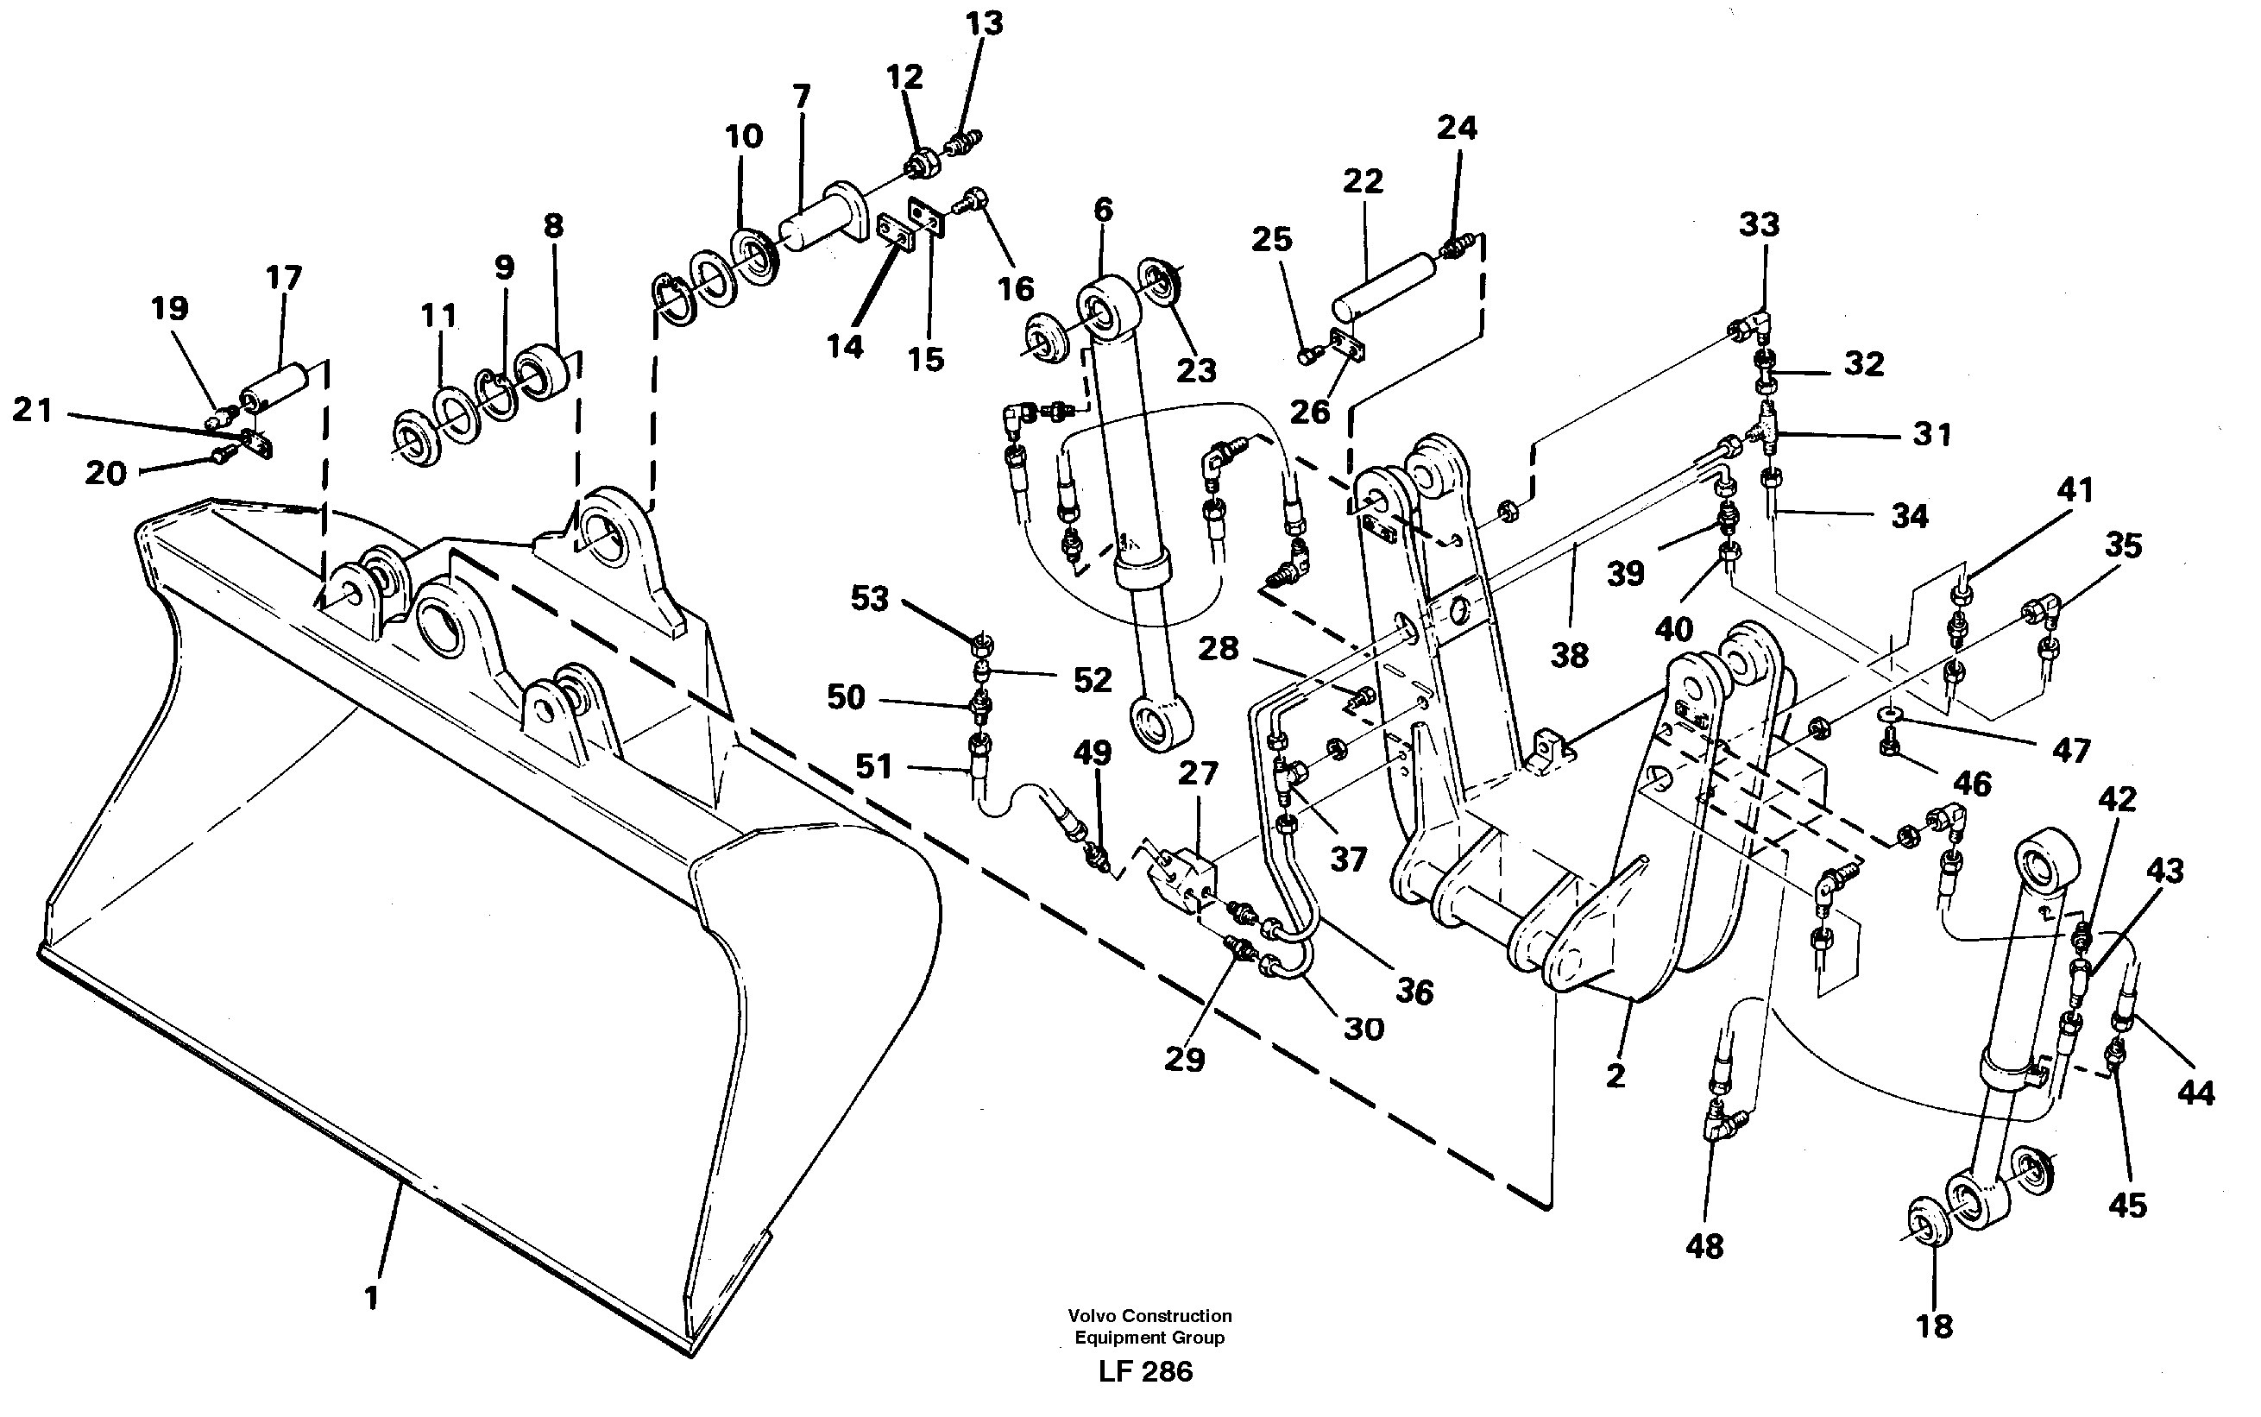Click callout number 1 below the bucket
[371, 1298]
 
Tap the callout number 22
[1363, 181]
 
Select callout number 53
[870, 599]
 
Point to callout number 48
[1704, 1246]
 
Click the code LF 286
[1145, 1372]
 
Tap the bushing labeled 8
[542, 373]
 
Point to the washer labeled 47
[1891, 717]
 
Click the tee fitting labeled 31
[1767, 433]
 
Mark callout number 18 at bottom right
[1934, 1326]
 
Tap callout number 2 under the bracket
[1615, 1076]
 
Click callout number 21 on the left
[32, 411]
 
